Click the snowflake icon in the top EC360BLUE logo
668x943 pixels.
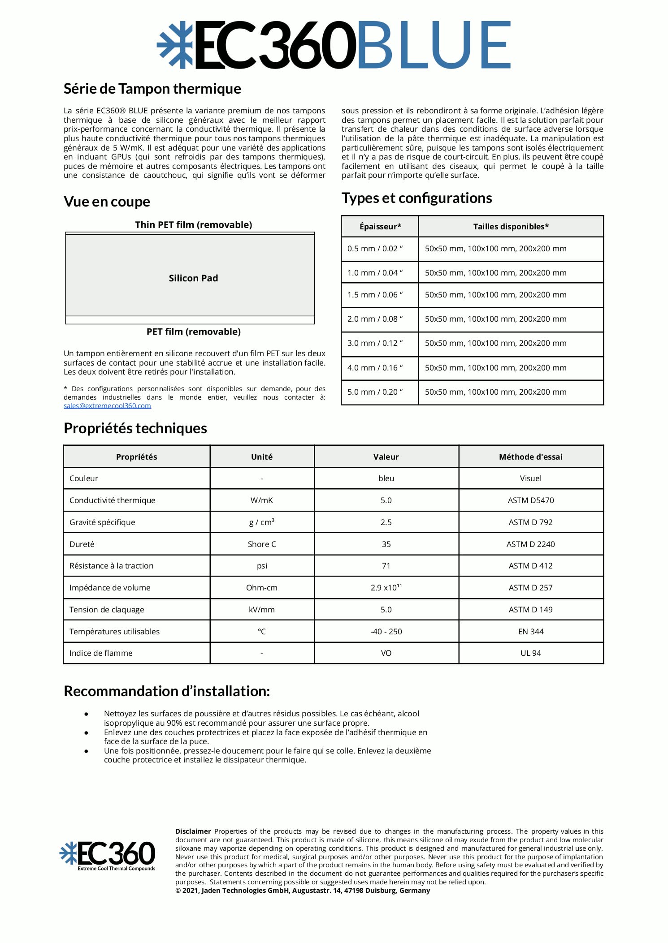pos(174,45)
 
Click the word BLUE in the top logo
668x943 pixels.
pos(434,45)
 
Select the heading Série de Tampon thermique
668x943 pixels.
pos(152,89)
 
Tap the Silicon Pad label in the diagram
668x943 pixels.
pos(193,278)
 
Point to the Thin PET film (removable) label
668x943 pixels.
pos(193,225)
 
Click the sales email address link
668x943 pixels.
pos(107,405)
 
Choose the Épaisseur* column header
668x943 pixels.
pos(380,227)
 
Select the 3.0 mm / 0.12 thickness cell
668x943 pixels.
pos(375,343)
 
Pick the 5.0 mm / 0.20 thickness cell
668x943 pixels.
pos(375,392)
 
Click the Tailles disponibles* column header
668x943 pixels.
pos(511,227)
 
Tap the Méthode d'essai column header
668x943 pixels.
pos(530,457)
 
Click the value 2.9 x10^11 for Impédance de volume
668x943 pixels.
pos(386,588)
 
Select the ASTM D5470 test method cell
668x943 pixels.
pos(530,500)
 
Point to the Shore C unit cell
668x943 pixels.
pos(262,544)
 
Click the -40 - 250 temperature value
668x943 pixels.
pos(386,632)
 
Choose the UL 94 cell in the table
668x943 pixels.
pos(530,653)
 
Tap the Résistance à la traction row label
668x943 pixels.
pos(111,566)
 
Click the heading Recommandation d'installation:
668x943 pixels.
pos(167,691)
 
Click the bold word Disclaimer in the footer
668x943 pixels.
pos(193,831)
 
